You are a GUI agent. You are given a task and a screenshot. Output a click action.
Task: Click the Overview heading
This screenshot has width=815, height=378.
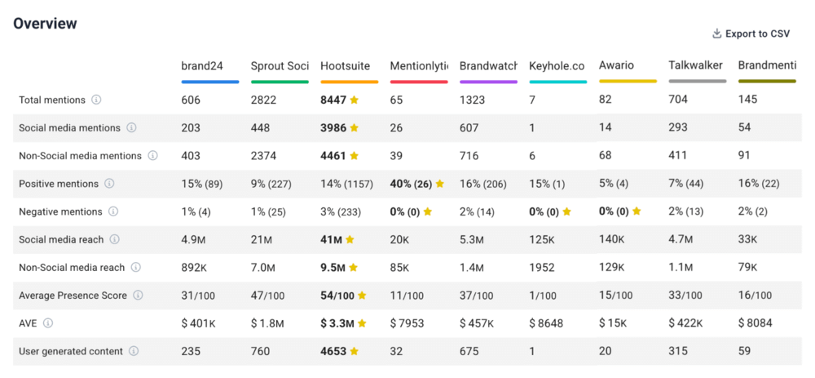[45, 24]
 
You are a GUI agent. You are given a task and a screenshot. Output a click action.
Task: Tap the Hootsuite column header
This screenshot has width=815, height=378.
[345, 65]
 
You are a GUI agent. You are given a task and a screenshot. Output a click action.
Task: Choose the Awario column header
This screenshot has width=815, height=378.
[616, 65]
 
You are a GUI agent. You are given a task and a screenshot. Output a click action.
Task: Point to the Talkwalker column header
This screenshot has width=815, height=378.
[695, 65]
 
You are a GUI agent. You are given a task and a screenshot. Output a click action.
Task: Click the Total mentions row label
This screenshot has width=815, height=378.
[52, 100]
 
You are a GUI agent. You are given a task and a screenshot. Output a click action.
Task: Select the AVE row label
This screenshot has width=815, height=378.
[29, 323]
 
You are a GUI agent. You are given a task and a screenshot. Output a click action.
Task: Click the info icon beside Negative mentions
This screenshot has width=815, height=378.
[113, 211]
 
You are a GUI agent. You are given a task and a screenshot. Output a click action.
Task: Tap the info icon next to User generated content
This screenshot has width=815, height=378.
[134, 351]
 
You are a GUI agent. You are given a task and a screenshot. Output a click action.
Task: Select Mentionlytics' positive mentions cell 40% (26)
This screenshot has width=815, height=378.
[412, 184]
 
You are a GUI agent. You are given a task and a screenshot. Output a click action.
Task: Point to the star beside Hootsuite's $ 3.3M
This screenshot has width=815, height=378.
[362, 323]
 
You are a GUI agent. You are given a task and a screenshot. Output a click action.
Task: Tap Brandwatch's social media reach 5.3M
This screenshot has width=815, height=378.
[472, 240]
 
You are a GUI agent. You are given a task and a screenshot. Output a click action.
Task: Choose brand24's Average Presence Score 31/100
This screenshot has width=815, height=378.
[198, 296]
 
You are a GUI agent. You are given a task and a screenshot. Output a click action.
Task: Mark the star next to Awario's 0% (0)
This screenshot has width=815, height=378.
[637, 211]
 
